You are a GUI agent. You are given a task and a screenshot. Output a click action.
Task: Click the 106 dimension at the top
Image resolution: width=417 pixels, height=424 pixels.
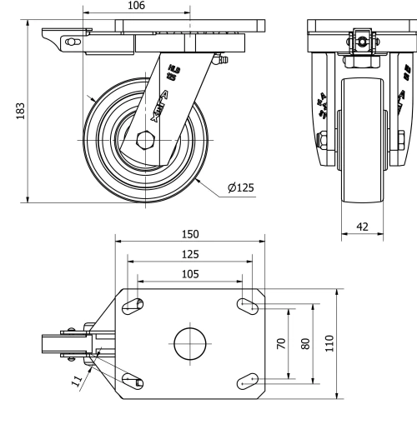[x=136, y=6]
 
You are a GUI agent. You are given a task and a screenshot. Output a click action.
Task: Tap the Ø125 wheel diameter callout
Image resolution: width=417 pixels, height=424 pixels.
[x=240, y=187]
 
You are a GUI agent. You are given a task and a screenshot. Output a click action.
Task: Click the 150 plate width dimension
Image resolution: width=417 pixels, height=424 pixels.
[x=191, y=235]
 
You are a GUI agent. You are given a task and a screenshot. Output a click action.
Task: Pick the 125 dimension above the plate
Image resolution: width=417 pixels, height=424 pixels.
[x=191, y=254]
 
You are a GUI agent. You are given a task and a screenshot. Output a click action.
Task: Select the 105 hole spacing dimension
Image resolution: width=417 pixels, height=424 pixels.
[x=191, y=273]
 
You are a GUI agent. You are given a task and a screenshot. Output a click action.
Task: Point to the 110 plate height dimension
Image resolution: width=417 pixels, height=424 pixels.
[x=329, y=343]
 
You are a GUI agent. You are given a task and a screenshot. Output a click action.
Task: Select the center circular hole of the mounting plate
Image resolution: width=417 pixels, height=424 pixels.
[x=191, y=342]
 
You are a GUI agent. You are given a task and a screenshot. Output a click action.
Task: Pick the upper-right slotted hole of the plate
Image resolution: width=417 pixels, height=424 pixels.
[x=248, y=306]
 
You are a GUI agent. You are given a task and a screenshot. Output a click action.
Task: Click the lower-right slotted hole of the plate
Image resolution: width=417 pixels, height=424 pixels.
[x=248, y=381]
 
